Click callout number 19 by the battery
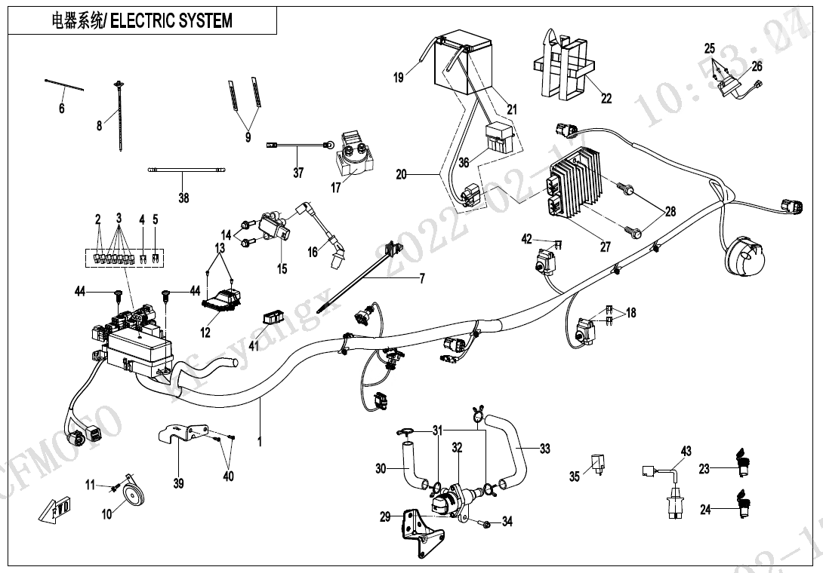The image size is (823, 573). pos(399,77)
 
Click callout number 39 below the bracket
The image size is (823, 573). pos(178,483)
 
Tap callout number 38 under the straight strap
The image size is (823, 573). pos(183,198)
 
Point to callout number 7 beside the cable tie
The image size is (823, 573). pos(422,279)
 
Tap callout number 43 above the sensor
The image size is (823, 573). pos(686,451)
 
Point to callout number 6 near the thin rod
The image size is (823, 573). pos(62,109)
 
